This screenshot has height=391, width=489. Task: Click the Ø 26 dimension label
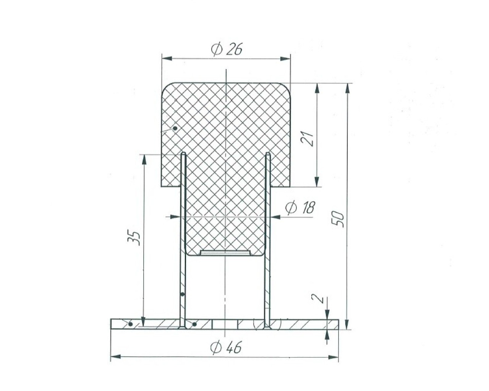click(226, 49)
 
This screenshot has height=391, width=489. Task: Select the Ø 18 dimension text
click(300, 207)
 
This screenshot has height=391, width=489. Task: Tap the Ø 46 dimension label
click(226, 347)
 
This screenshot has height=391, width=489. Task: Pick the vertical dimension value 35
click(134, 239)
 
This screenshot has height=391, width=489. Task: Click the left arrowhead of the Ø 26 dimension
click(167, 59)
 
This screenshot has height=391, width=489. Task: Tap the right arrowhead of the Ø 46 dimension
click(334, 357)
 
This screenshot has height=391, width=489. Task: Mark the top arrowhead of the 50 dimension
click(347, 89)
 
